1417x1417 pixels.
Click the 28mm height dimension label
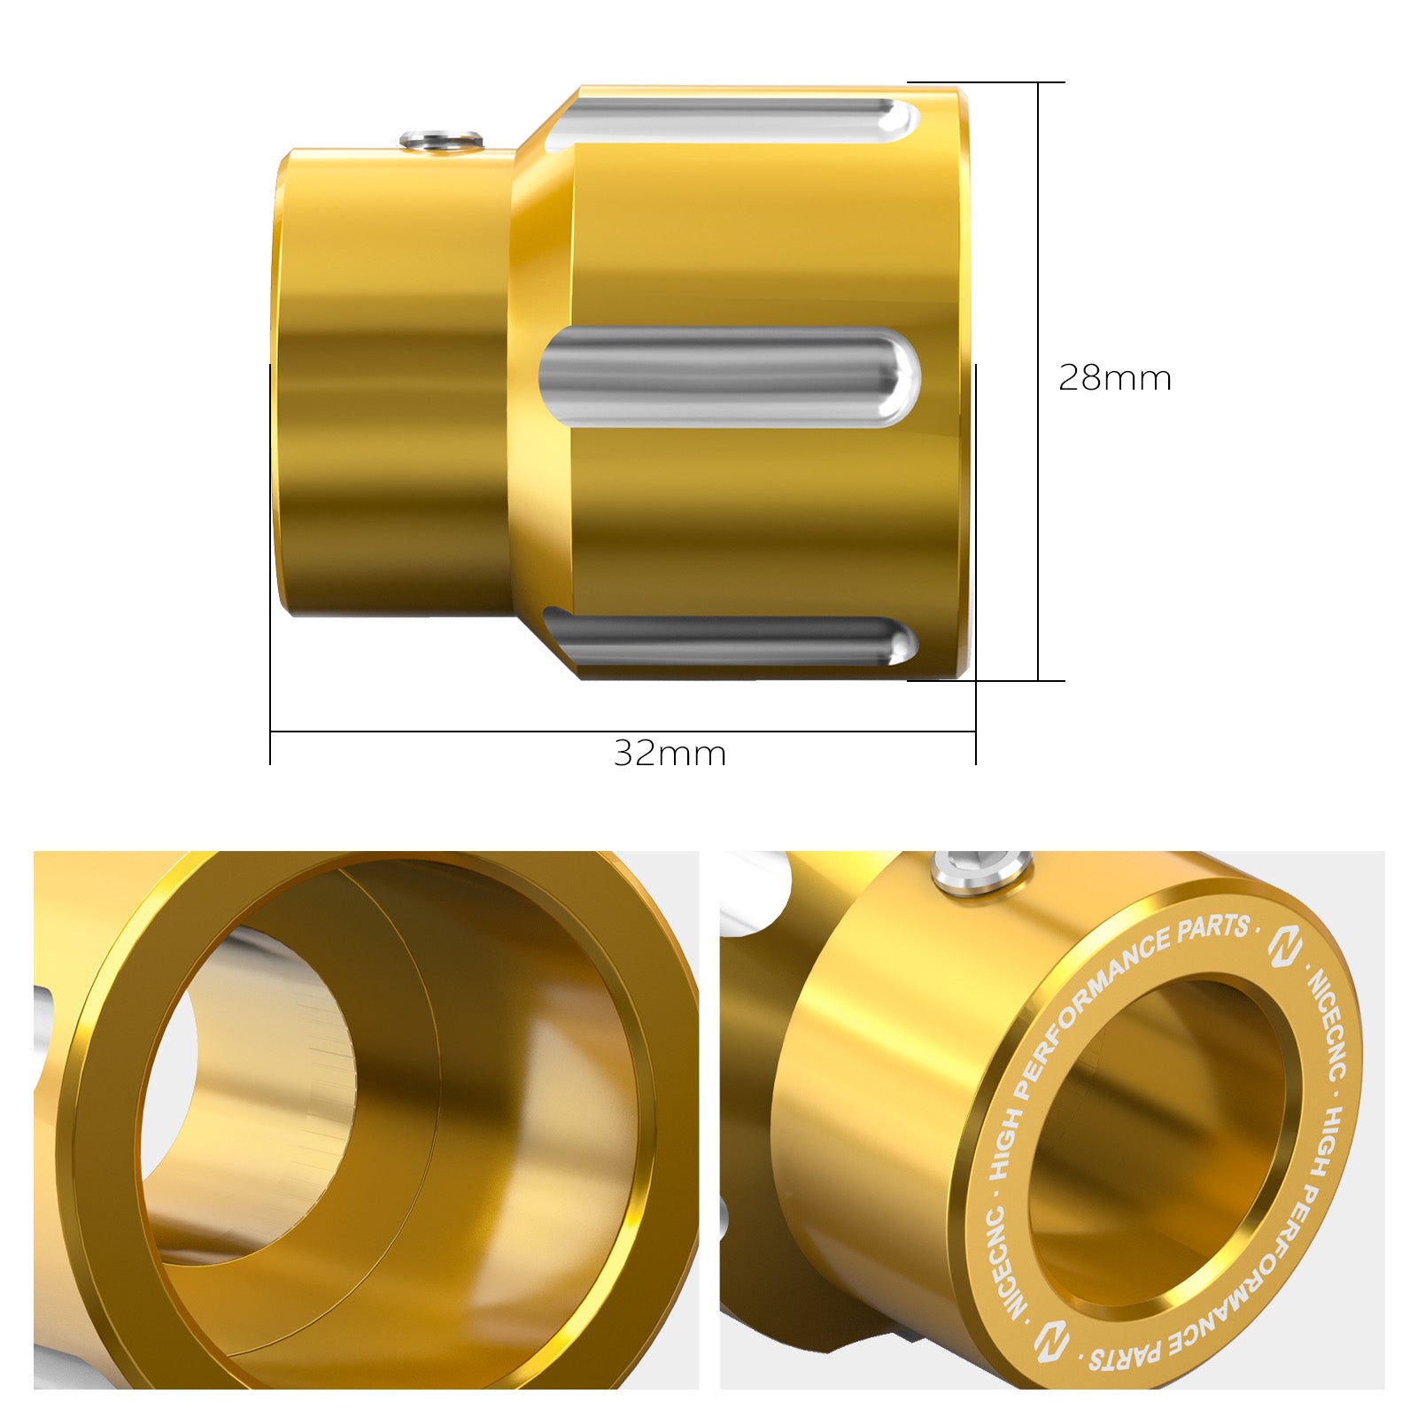pos(1114,378)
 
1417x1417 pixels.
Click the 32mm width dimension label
pos(670,754)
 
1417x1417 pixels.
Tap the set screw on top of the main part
pos(440,140)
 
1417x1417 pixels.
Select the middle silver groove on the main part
pos(728,376)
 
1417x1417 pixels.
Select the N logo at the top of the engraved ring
pos(1283,949)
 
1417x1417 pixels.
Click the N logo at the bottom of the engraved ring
pos(1052,1339)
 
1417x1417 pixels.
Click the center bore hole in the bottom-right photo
pos(1156,1142)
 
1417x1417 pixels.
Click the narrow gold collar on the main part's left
pos(394,381)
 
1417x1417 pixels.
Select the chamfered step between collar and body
pos(540,381)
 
